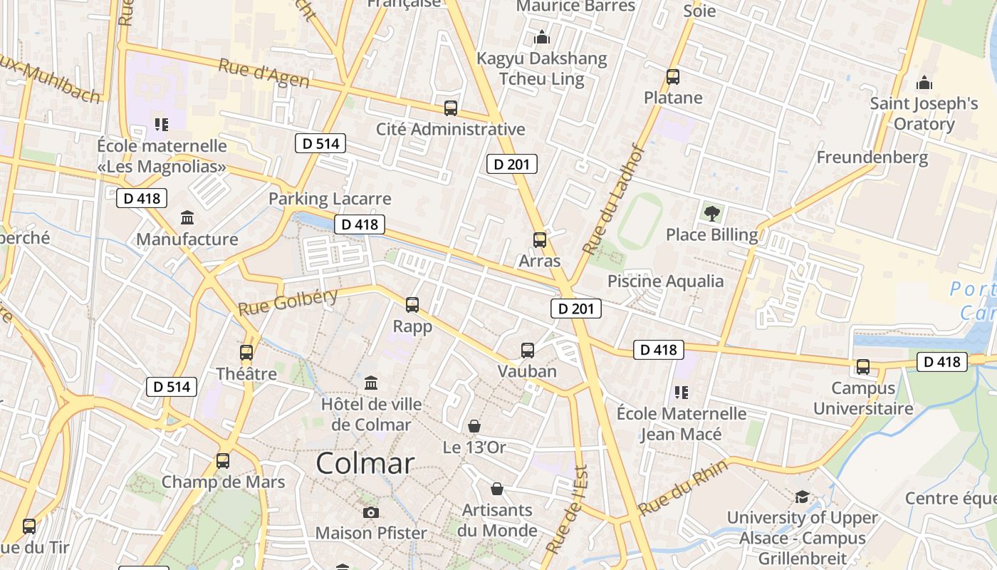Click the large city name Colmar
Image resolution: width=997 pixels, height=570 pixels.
click(x=365, y=464)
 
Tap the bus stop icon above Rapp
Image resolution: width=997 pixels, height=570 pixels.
click(x=412, y=305)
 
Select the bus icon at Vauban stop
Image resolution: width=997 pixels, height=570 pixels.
click(x=527, y=351)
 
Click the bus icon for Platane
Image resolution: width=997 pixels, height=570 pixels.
click(x=672, y=77)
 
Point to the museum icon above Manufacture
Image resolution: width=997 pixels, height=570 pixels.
click(x=187, y=217)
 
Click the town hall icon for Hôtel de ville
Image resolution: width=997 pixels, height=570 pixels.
click(x=371, y=383)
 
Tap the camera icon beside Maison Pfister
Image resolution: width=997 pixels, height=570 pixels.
click(x=370, y=512)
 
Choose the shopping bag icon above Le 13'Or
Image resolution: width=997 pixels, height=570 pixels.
click(x=474, y=426)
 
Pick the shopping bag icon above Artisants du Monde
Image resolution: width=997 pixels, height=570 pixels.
click(x=497, y=489)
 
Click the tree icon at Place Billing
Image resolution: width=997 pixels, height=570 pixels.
click(x=711, y=212)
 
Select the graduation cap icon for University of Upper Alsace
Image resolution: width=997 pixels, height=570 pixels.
click(x=802, y=497)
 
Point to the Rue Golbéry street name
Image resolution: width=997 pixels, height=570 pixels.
click(x=288, y=302)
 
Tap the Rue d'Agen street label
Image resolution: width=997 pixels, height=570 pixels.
click(x=263, y=73)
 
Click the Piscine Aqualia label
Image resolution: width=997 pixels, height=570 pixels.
click(x=665, y=281)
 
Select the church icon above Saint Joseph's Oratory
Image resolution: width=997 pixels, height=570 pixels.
click(x=924, y=83)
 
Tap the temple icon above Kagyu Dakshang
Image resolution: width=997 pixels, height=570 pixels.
click(x=542, y=37)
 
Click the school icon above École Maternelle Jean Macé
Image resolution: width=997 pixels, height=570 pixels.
click(x=681, y=393)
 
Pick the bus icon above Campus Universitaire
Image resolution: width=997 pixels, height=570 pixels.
click(x=862, y=367)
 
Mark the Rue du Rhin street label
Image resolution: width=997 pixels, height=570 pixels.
click(x=683, y=488)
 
